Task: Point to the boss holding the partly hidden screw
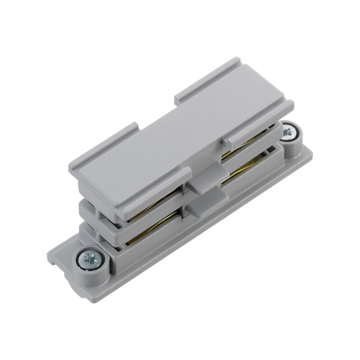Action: tap(293, 140)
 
